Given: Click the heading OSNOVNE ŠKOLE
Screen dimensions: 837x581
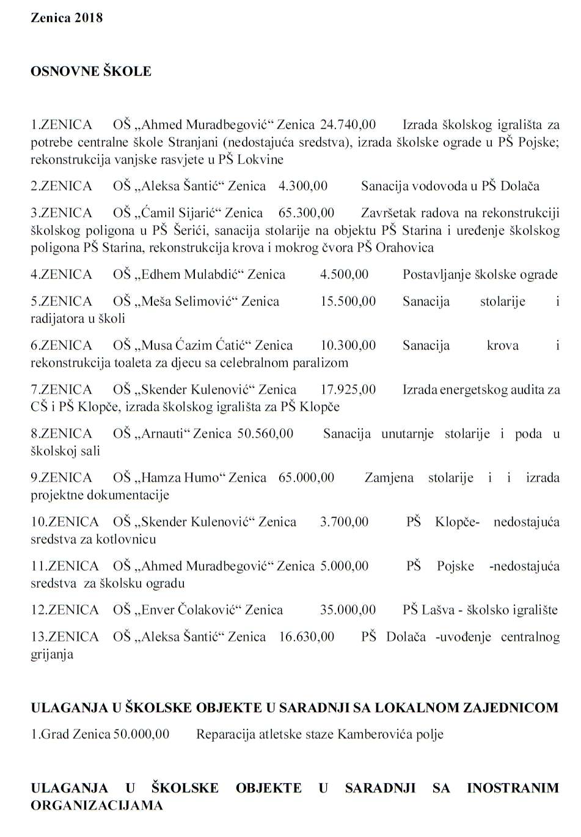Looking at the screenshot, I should pyautogui.click(x=91, y=72).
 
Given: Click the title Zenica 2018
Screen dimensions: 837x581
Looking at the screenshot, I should pyautogui.click(x=67, y=18).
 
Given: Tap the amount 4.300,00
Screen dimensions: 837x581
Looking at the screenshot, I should pyautogui.click(x=303, y=186).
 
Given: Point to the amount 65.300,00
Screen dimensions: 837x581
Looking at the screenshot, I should pyautogui.click(x=306, y=213).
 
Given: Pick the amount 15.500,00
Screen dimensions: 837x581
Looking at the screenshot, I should pyautogui.click(x=348, y=301).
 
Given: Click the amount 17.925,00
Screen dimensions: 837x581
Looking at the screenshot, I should pyautogui.click(x=348, y=389).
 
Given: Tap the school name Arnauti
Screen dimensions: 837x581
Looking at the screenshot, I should pyautogui.click(x=164, y=433).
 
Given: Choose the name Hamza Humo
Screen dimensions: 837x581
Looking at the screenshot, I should pyautogui.click(x=176, y=477).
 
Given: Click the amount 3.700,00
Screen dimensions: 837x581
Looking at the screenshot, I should pyautogui.click(x=344, y=522).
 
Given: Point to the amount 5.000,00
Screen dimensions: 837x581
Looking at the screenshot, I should pyautogui.click(x=344, y=566).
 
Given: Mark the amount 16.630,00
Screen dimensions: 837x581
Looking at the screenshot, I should pyautogui.click(x=306, y=636).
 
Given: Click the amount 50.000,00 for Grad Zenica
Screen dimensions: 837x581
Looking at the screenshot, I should pyautogui.click(x=142, y=734).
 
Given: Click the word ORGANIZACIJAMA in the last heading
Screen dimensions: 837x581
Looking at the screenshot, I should pyautogui.click(x=97, y=805).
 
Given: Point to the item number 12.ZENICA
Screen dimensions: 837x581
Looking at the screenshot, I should pyautogui.click(x=65, y=610).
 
